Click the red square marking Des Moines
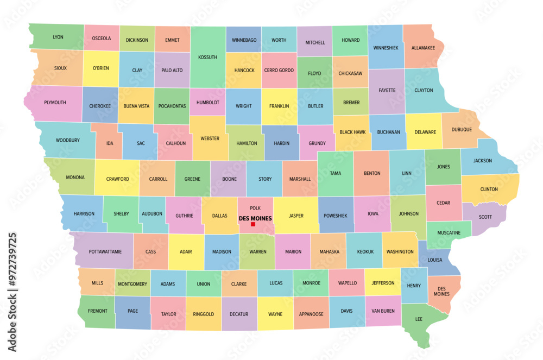pyautogui.click(x=253, y=224)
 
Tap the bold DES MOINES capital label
pyautogui.click(x=255, y=218)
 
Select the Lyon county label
pyautogui.click(x=58, y=37)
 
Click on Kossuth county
pyautogui.click(x=207, y=56)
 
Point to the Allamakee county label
pyautogui.click(x=423, y=48)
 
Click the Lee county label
pyautogui.click(x=419, y=319)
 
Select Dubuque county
pyautogui.click(x=461, y=129)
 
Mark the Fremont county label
pyautogui.click(x=97, y=311)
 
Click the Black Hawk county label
pyautogui.click(x=352, y=132)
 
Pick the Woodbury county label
pyautogui.click(x=67, y=140)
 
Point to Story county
pyautogui.click(x=265, y=179)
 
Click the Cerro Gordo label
pyautogui.click(x=279, y=70)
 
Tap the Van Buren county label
pyautogui.click(x=383, y=311)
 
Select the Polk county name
pyautogui.click(x=255, y=208)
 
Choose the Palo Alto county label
pyautogui.click(x=172, y=70)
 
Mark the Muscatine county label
pyautogui.click(x=449, y=232)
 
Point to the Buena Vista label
pyautogui.click(x=136, y=106)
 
